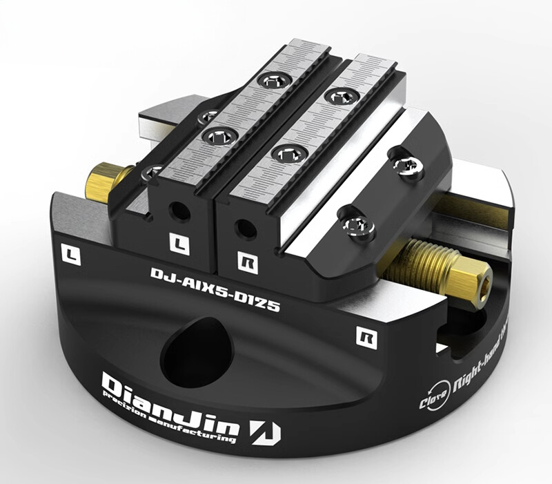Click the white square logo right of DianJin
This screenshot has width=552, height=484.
(265, 432)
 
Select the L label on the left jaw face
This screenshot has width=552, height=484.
(177, 242)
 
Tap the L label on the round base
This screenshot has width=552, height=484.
(70, 254)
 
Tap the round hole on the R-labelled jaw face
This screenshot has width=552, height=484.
(241, 226)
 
